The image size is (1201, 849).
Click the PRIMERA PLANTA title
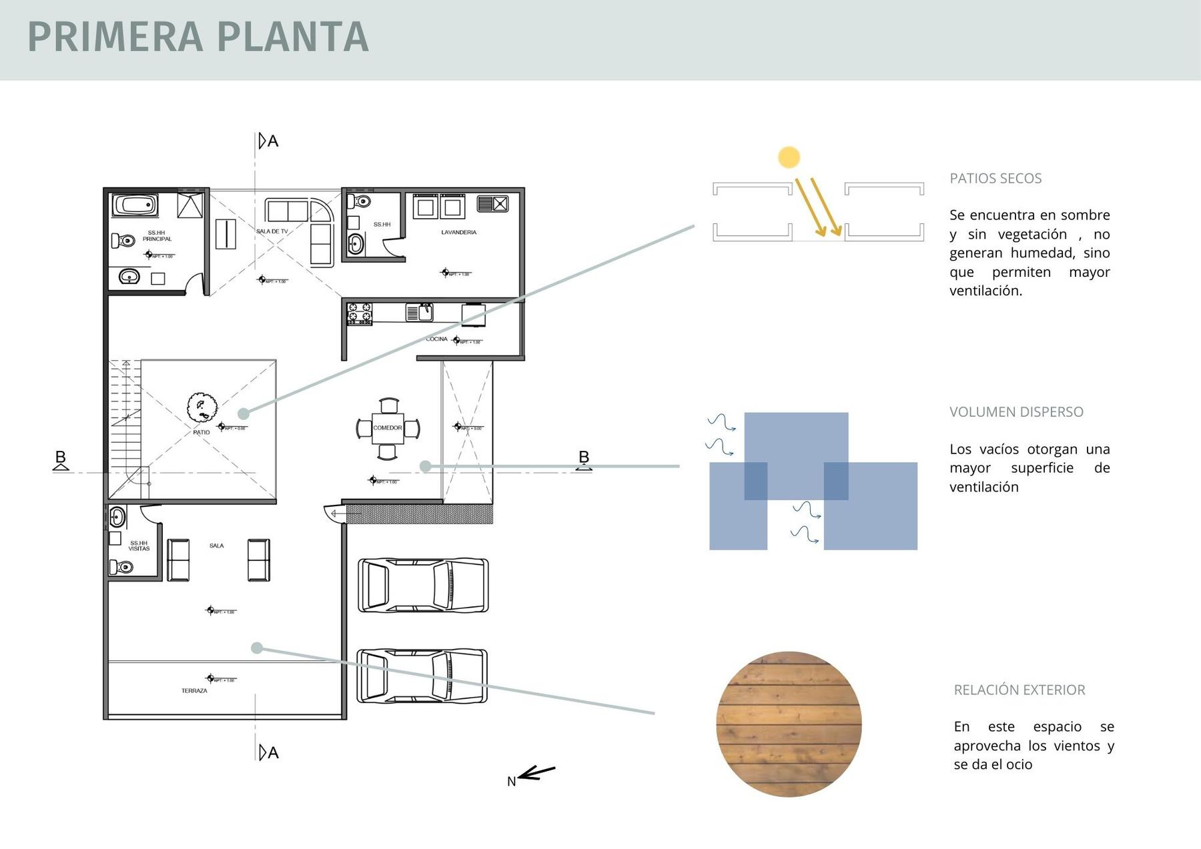(x=198, y=37)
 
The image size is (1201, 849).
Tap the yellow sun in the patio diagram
(x=789, y=157)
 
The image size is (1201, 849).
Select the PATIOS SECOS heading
(x=995, y=179)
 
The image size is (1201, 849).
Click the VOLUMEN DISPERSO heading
(x=1016, y=412)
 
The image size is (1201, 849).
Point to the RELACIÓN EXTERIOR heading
(x=1019, y=690)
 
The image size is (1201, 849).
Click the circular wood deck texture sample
(x=789, y=724)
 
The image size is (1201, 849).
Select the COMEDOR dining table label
(x=388, y=428)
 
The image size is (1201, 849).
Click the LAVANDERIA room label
(x=458, y=233)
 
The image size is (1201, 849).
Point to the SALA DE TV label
(x=272, y=231)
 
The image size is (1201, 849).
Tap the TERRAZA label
(x=194, y=691)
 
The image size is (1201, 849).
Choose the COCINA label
(x=437, y=339)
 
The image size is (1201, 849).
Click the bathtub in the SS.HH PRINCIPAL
(x=135, y=205)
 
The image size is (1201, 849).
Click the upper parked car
(x=423, y=586)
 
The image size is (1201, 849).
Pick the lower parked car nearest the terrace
(x=422, y=676)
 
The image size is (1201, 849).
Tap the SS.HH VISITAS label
(x=139, y=546)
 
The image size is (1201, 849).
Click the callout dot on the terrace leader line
(x=257, y=648)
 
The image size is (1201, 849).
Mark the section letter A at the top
(x=272, y=141)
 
